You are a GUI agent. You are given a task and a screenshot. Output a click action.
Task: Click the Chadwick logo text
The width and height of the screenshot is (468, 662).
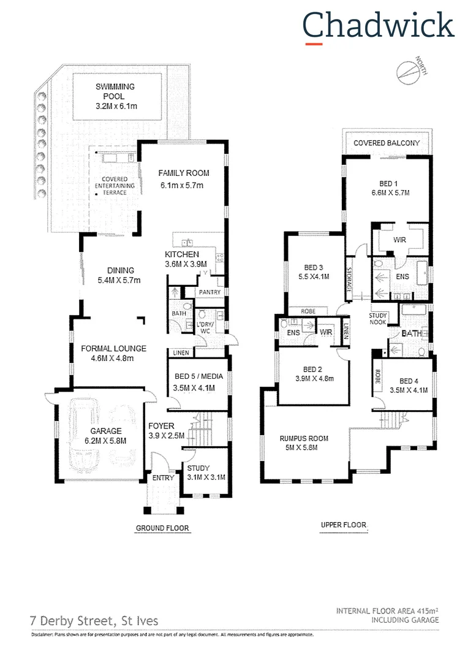(x=378, y=26)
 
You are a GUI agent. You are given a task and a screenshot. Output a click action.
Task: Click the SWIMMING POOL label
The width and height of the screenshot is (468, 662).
(x=115, y=91)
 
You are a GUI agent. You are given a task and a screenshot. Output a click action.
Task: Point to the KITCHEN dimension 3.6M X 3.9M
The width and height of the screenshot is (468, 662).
(x=186, y=264)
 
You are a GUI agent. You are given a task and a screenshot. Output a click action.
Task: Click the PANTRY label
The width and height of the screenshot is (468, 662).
(x=209, y=292)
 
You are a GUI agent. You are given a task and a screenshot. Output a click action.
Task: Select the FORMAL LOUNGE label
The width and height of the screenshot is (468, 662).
(x=107, y=349)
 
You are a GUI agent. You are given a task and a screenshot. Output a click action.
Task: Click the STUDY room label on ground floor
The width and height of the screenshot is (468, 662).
(x=198, y=468)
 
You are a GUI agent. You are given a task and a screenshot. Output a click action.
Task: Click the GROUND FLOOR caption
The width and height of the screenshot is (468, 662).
(x=162, y=528)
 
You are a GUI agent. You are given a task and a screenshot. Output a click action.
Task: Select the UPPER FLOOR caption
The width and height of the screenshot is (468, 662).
(x=344, y=525)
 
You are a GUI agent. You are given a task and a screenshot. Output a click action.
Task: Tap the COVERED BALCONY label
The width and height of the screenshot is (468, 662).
(x=387, y=143)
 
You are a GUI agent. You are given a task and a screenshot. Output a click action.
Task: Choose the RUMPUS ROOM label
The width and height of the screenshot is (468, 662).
(x=304, y=438)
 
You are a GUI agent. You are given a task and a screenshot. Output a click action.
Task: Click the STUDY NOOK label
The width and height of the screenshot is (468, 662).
(x=378, y=318)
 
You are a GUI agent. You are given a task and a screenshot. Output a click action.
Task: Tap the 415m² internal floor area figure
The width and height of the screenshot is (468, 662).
(x=426, y=611)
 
